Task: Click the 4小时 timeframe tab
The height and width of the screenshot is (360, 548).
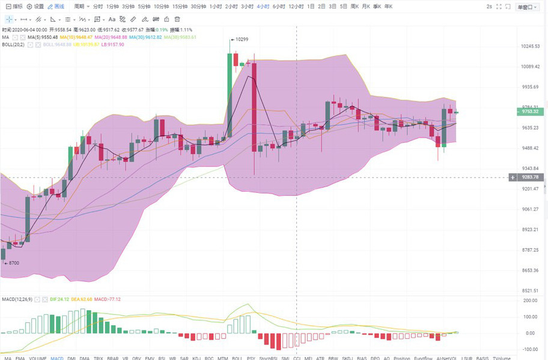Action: click(x=263, y=6)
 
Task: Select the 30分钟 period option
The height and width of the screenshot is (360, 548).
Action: click(x=198, y=6)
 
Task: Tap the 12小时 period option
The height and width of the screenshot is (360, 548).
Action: click(x=296, y=6)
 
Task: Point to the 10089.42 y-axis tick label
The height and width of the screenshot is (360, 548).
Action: click(x=529, y=67)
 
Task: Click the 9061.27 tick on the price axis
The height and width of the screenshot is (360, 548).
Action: click(x=529, y=209)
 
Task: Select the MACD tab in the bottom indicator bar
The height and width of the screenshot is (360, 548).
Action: click(x=57, y=358)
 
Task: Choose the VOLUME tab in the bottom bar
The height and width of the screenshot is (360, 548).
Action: click(x=38, y=358)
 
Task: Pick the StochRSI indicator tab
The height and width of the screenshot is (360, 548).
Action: click(x=267, y=358)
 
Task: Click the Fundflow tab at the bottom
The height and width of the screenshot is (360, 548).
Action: click(x=423, y=358)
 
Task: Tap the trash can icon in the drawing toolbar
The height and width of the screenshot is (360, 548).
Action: click(x=177, y=19)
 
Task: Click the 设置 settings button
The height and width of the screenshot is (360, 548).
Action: click(x=35, y=6)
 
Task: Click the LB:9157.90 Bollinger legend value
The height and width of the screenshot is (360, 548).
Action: click(x=112, y=44)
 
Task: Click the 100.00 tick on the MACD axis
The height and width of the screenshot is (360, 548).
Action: click(x=529, y=317)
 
